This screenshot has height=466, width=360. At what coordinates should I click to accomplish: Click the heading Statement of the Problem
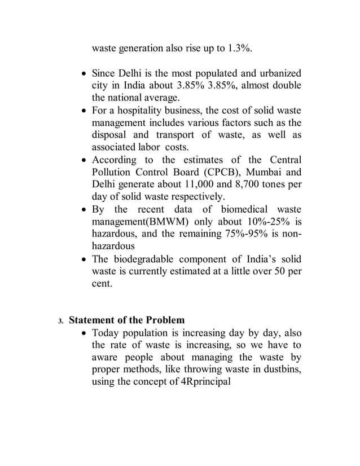tap(126, 320)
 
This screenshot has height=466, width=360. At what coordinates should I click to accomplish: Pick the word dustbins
tap(281, 369)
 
